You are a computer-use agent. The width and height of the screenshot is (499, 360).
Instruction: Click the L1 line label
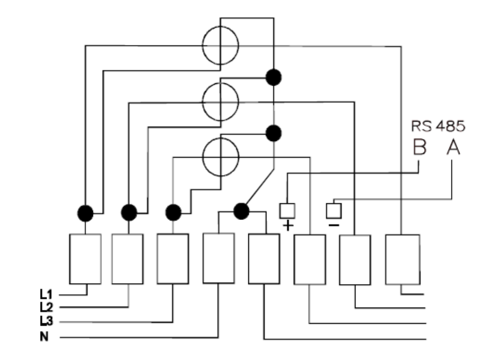pos(46,294)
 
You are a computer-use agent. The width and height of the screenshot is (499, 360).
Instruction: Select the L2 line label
pos(46,307)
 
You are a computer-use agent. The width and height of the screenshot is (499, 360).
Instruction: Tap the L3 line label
pos(46,321)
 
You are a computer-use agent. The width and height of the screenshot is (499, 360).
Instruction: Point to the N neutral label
pos(44,336)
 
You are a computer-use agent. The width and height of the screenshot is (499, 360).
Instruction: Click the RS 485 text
pos(438,126)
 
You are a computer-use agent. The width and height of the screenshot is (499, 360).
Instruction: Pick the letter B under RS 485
pos(420,147)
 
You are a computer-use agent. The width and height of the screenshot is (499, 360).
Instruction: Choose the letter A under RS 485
pos(453,147)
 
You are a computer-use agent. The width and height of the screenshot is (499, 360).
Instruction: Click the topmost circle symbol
pos(220,45)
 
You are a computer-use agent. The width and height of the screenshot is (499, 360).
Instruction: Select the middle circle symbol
pos(220,102)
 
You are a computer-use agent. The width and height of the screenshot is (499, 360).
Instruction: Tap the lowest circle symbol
pos(220,157)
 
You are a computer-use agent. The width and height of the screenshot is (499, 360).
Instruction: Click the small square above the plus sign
pos(287,211)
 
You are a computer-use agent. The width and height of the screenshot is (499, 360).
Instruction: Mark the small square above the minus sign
pos(334,211)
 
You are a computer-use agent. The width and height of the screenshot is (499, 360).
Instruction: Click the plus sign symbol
pos(288,226)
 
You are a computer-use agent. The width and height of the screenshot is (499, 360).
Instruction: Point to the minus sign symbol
pos(334,225)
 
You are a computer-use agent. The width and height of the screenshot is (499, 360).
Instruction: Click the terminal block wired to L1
pos(85,259)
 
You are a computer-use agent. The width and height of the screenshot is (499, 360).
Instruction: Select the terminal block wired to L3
pos(173,259)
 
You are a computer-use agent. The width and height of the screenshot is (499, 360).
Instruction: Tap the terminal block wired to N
pos(218,258)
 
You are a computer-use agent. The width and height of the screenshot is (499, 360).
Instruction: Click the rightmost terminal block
pos(403,260)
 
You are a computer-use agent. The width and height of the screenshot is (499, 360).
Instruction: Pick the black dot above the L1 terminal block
pos(85,213)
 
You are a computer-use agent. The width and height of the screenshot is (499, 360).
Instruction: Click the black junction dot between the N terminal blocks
pos(241,211)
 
